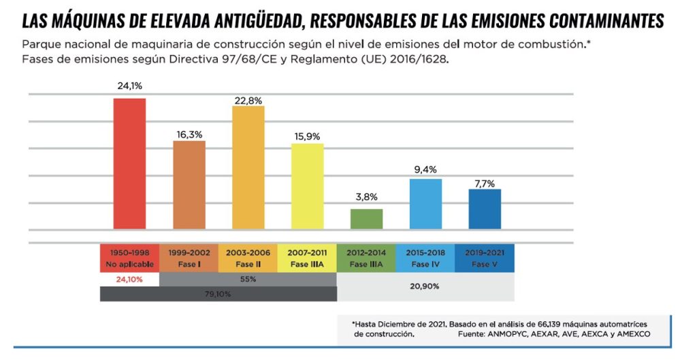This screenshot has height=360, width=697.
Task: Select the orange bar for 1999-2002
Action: pyautogui.click(x=189, y=184)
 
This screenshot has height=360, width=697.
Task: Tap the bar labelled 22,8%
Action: pyautogui.click(x=248, y=167)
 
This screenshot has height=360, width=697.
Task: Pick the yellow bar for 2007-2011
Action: pyautogui.click(x=307, y=186)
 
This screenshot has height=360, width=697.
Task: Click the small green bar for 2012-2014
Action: pyautogui.click(x=366, y=218)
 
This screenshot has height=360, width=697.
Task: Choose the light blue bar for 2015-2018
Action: pyautogui.click(x=425, y=203)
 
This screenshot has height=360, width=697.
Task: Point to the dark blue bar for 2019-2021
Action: pyautogui.click(x=485, y=208)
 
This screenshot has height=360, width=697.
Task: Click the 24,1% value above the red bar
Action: pyautogui.click(x=129, y=86)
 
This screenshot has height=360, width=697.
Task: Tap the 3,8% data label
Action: pyautogui.click(x=366, y=197)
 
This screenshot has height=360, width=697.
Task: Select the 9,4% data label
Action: pyautogui.click(x=425, y=168)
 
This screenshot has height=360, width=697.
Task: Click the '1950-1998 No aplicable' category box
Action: pyautogui.click(x=129, y=258)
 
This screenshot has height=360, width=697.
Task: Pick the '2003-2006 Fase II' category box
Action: pyautogui.click(x=248, y=258)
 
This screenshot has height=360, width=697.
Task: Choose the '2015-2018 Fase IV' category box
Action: pyautogui.click(x=425, y=258)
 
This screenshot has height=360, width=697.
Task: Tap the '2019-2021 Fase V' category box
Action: pyautogui.click(x=485, y=258)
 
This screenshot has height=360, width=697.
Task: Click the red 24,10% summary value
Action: pyautogui.click(x=129, y=279)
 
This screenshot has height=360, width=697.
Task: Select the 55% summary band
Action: pyautogui.click(x=248, y=279)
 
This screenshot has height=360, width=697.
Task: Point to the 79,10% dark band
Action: pyautogui.click(x=218, y=294)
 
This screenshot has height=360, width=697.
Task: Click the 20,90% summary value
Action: pyautogui.click(x=425, y=287)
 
